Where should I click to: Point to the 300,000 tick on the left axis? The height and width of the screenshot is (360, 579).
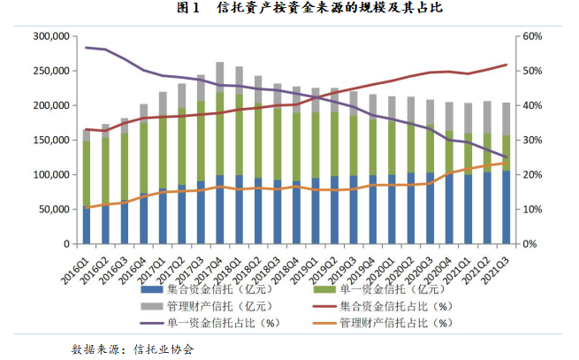click(49, 36)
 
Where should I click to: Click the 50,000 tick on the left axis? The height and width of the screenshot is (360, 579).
click(51, 209)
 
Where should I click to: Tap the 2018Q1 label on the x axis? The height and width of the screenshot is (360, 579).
click(232, 264)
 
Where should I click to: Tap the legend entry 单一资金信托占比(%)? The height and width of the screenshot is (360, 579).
click(213, 323)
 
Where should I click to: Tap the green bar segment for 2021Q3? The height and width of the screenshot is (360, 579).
click(506, 152)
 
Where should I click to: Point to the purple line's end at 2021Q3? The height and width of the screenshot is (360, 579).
click(506, 157)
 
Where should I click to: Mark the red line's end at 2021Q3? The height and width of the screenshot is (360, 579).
click(506, 65)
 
